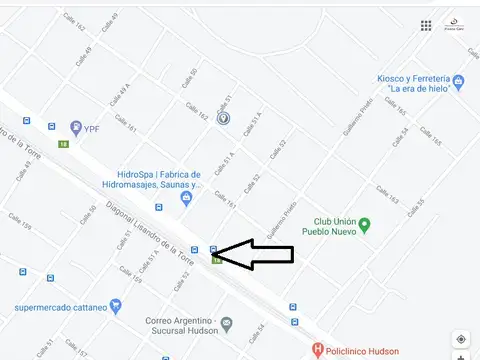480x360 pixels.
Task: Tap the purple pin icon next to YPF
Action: (75, 127)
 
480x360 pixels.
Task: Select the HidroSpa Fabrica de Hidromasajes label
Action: (159, 179)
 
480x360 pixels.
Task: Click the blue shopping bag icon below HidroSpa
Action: (185, 197)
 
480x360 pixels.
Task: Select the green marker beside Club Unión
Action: (365, 223)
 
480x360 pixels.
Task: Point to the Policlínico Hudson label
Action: (363, 351)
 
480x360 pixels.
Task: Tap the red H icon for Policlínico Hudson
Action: (317, 350)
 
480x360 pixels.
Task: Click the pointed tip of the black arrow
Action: (215, 254)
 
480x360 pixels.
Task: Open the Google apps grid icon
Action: (426, 25)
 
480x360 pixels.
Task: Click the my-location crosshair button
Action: (460, 340)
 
